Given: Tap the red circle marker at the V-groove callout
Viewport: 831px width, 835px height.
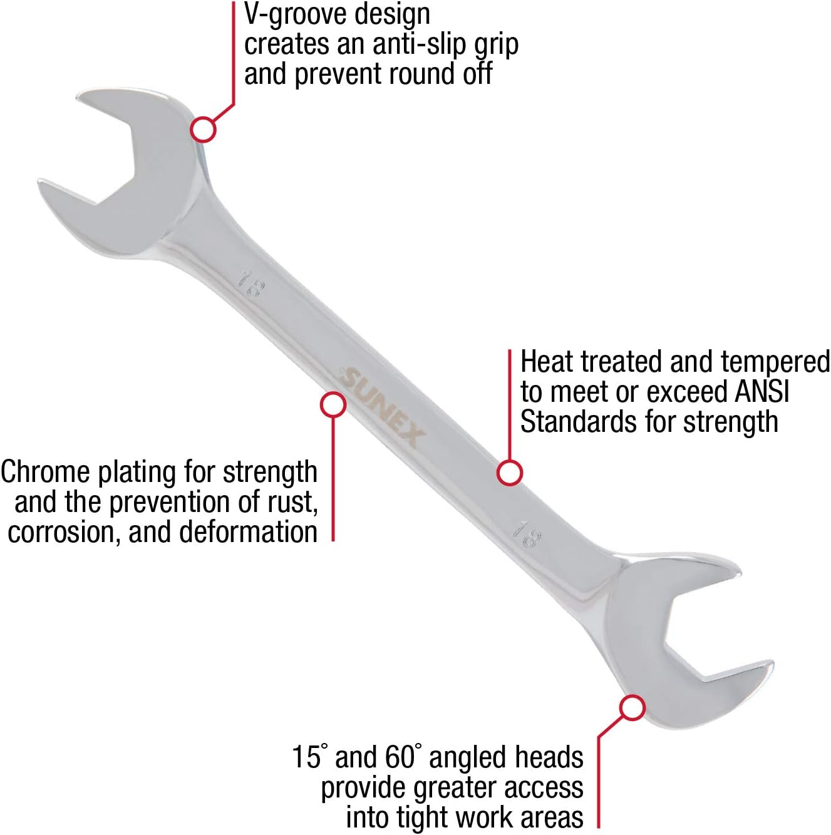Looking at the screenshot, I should pos(203,130).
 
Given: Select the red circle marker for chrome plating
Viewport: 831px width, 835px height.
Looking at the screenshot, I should pos(333,404).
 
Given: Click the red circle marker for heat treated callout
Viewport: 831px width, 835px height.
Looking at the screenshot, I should pos(510,473).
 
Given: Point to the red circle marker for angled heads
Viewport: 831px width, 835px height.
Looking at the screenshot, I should pos(632,708).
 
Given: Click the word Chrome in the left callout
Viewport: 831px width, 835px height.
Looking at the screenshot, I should pos(44,472).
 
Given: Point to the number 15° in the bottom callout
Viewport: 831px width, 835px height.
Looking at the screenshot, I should pos(311,757).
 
